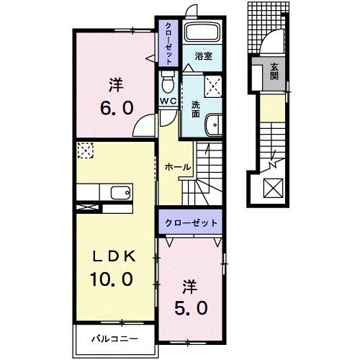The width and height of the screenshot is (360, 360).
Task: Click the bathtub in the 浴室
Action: point(202,33)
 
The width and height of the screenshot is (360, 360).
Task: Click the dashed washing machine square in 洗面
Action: point(213,86)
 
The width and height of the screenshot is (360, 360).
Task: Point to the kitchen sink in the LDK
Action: point(120,192)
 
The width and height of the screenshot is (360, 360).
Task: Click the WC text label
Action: point(168,101)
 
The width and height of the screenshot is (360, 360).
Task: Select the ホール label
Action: point(178,167)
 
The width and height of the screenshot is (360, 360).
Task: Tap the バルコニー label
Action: point(113,337)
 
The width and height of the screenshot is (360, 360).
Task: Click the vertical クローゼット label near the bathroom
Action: point(168,45)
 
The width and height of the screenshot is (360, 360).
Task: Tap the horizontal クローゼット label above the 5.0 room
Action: point(191,223)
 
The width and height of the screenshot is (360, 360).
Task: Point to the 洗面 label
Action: point(195,108)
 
